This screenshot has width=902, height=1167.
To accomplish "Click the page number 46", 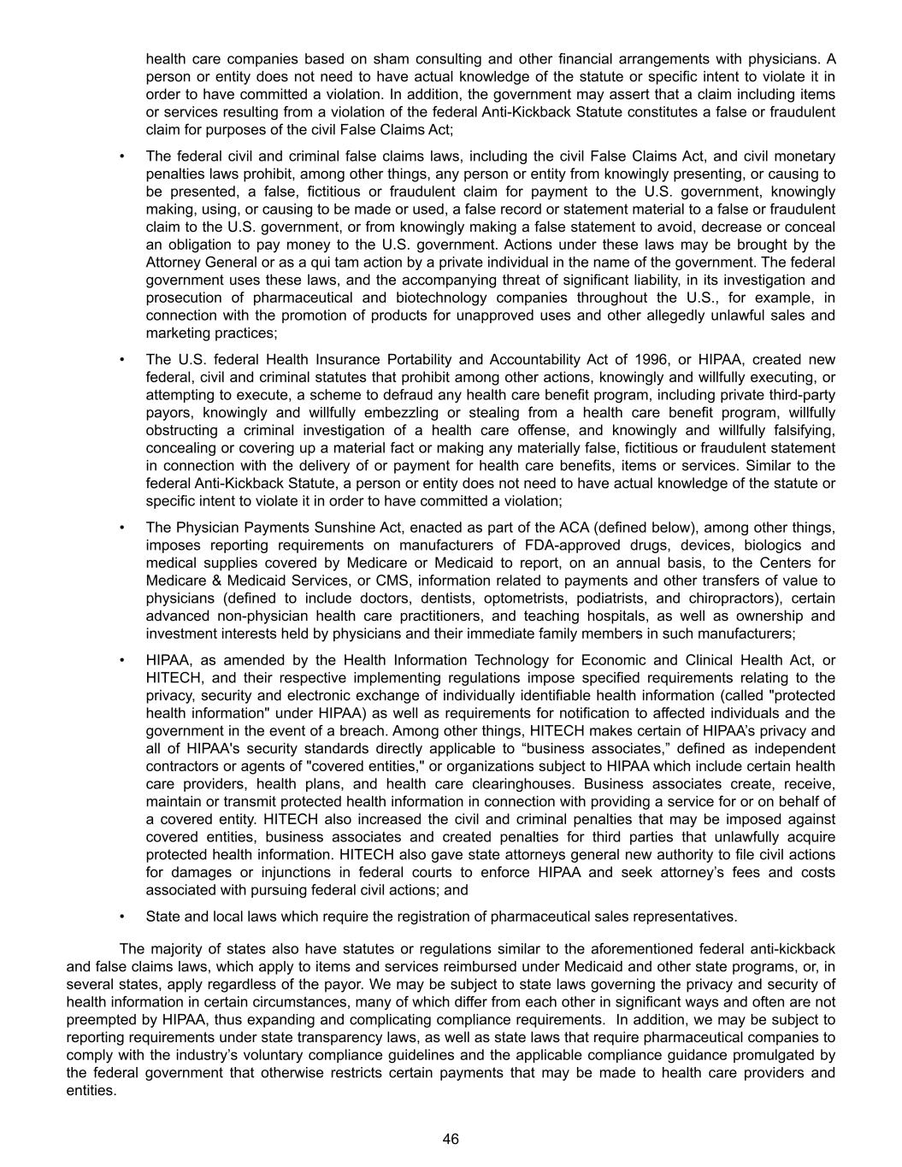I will pos(451,1139).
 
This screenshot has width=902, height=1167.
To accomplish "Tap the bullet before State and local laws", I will pos(122,917).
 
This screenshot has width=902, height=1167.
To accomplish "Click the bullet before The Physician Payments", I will pos(122,528).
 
